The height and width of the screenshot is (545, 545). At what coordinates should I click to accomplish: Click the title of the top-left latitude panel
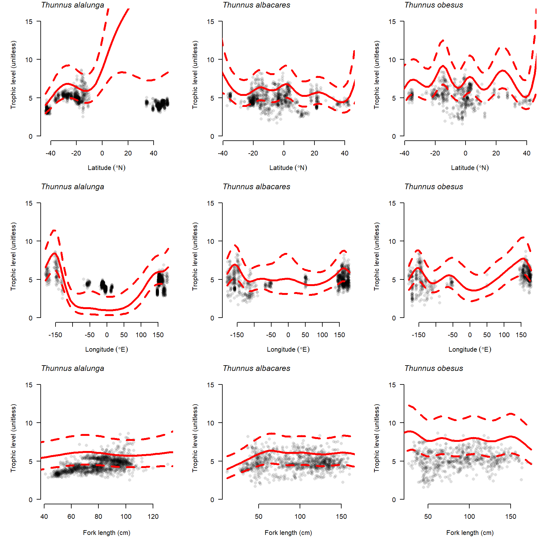73,5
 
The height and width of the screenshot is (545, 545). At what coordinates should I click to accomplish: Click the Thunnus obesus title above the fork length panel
434,368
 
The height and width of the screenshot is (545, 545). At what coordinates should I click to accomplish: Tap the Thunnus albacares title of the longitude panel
256,187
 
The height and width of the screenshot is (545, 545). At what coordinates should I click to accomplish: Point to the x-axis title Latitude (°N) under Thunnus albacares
288,168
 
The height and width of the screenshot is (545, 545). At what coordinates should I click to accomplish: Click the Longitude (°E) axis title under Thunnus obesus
470,349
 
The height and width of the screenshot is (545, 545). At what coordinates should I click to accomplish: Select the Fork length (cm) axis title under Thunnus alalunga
107,533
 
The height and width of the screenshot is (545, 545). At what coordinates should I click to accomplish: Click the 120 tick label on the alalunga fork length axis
153,517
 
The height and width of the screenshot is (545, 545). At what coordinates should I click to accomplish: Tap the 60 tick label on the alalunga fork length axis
71,517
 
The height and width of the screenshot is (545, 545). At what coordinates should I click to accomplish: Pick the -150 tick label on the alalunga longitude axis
55,335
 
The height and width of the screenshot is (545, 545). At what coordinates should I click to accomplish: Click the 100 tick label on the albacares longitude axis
322,335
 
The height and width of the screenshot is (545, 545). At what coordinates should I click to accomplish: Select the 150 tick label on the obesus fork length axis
511,517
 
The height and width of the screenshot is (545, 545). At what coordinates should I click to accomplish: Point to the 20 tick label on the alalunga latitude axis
128,153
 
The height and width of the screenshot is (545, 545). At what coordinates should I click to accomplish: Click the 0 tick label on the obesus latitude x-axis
466,153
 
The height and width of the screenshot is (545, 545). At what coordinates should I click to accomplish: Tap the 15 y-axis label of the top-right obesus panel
392,22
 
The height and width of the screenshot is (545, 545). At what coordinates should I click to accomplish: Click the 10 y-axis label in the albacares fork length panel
210,423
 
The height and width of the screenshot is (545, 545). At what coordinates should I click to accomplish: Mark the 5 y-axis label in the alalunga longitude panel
31,280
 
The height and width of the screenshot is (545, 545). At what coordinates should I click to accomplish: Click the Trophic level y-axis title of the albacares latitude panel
195,75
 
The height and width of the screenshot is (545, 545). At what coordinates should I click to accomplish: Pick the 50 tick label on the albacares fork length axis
259,517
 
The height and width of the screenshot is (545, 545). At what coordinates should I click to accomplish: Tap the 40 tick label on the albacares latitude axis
345,153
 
